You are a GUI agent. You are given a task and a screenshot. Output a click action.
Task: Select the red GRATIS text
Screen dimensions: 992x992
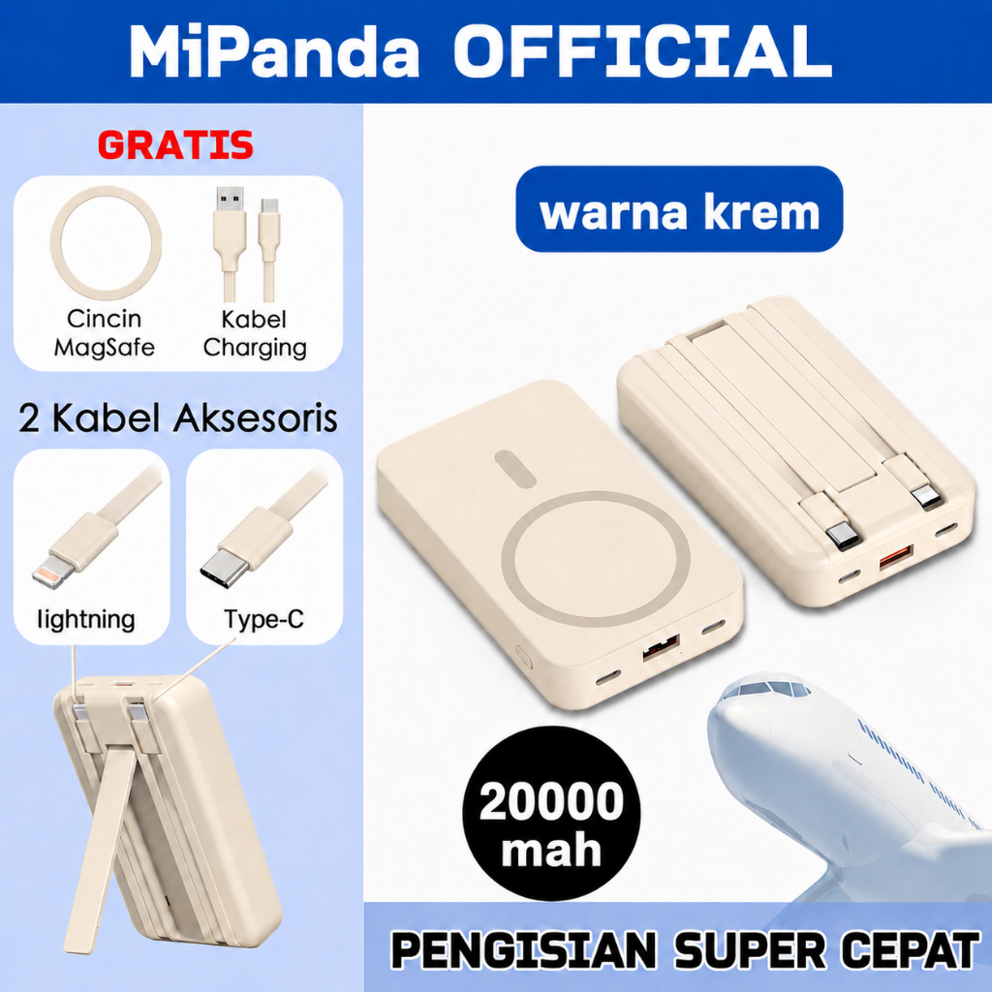point(175,145)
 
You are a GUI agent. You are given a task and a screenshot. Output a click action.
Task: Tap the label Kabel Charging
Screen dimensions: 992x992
point(255,333)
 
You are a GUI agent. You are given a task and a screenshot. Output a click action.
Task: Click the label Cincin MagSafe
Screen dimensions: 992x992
point(105,333)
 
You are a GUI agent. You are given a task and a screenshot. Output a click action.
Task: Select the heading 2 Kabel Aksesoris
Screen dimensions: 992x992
point(178,418)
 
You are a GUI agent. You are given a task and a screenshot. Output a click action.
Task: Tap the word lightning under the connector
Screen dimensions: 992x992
point(86,619)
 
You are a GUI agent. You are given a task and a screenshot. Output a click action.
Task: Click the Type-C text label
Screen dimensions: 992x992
point(263,619)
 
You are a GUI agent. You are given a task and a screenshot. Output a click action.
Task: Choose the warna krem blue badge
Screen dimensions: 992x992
point(679,209)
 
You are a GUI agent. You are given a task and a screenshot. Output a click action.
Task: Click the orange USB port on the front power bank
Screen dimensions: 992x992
point(661,648)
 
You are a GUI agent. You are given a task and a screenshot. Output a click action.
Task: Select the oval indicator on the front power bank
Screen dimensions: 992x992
point(515,468)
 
